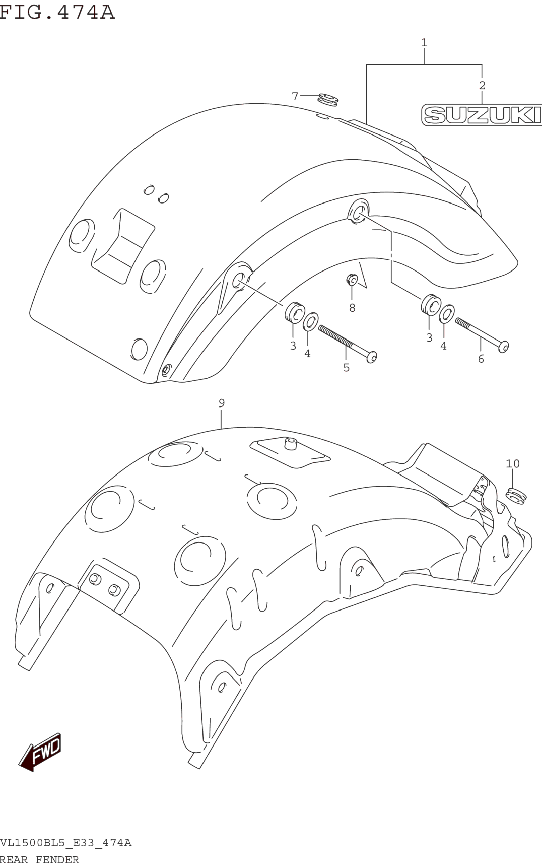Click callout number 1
(x=424, y=43)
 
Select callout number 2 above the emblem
(x=482, y=85)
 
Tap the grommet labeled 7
(x=328, y=100)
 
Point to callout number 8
(x=352, y=308)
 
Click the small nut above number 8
(x=352, y=279)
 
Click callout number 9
(x=222, y=403)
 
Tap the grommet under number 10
(x=516, y=496)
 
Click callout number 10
(x=512, y=464)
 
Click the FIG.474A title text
(x=57, y=12)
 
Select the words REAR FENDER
(x=39, y=859)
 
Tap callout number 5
(x=346, y=368)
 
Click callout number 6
(x=481, y=359)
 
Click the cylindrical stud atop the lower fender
(x=291, y=444)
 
